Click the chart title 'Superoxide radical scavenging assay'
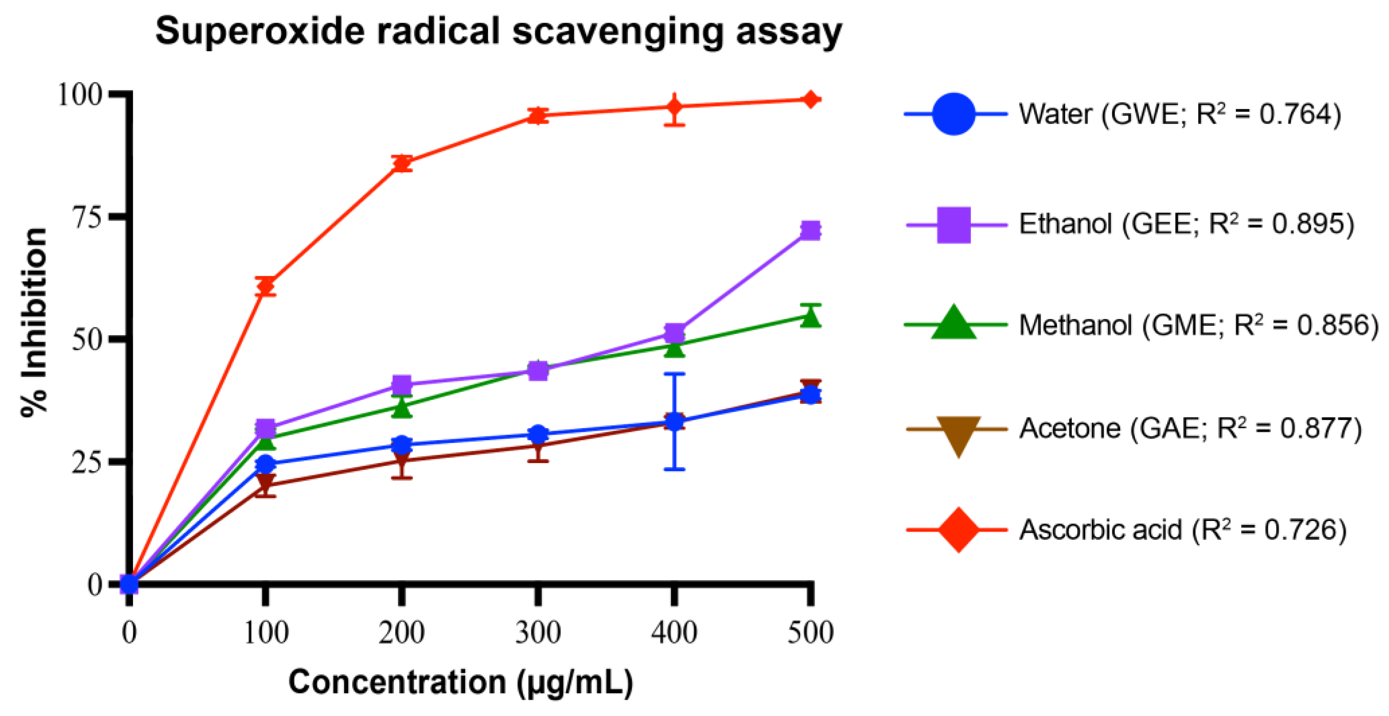[498, 31]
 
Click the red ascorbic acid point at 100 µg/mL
[265, 286]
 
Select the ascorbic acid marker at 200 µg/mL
[402, 163]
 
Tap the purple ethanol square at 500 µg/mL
[811, 231]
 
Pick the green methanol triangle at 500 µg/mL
[811, 317]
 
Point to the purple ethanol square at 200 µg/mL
[402, 385]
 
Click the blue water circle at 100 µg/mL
[265, 464]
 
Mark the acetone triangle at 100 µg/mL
[265, 482]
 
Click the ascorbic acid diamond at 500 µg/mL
[811, 99]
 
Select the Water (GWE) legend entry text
[1180, 114]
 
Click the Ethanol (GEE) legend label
[1186, 223]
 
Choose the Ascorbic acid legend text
[1183, 530]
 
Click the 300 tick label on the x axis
[538, 632]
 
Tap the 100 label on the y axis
[79, 95]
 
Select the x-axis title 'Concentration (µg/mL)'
[461, 682]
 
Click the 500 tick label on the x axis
[811, 632]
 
